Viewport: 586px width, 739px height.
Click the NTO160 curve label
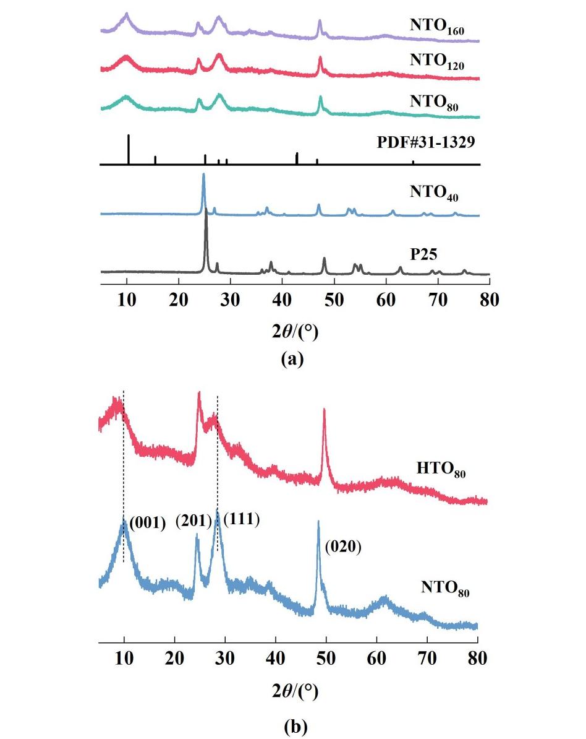(436, 26)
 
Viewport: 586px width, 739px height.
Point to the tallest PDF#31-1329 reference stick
(128, 136)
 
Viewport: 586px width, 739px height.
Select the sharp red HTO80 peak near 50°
(324, 410)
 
